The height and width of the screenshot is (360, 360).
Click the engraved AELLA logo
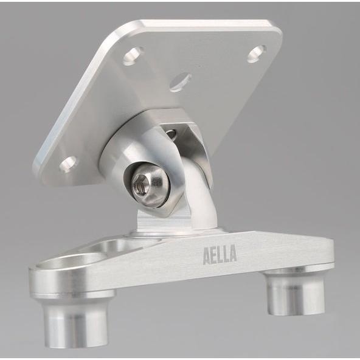(220, 255)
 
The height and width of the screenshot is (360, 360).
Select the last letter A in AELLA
(233, 253)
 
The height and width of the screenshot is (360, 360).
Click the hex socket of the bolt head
(140, 183)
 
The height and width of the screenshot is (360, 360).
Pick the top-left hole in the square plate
(133, 55)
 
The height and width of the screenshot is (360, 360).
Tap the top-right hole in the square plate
(257, 54)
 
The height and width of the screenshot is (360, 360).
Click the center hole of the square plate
(181, 81)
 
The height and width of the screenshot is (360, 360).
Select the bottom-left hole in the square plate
(68, 164)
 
